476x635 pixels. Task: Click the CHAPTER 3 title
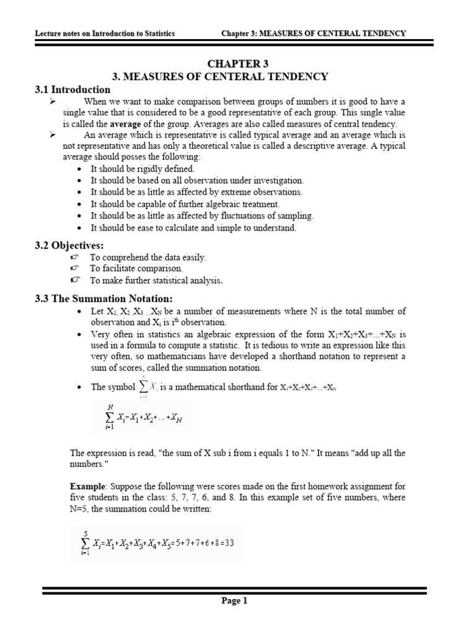[x=237, y=64]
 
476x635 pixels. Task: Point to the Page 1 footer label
[x=234, y=600]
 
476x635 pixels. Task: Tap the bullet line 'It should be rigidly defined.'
[x=143, y=169]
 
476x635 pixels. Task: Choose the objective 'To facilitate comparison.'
[x=136, y=269]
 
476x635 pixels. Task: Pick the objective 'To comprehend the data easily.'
[x=148, y=257]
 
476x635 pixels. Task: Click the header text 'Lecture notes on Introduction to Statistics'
[x=105, y=33]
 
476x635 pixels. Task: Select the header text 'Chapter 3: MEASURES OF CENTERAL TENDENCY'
[x=314, y=33]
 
